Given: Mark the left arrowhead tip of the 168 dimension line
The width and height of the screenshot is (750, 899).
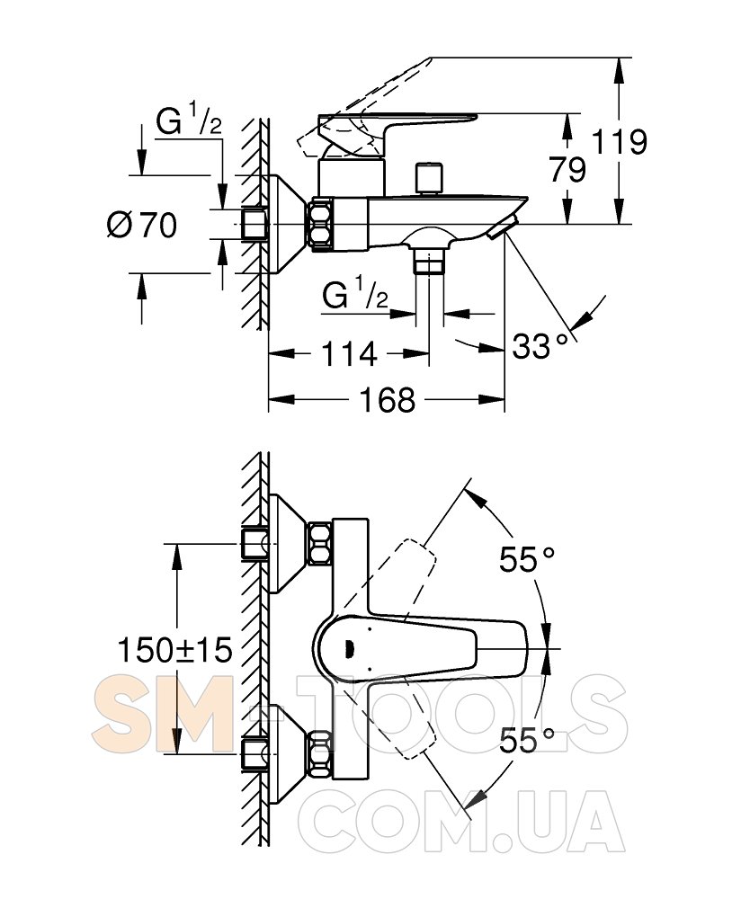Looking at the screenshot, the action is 269,399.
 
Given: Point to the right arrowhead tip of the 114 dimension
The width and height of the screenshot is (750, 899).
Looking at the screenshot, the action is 429,353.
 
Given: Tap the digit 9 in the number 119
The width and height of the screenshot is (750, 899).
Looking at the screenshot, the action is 635,141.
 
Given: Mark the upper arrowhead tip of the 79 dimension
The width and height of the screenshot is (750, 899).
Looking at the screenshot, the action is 567,113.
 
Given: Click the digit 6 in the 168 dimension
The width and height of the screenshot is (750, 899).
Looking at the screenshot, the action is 387,400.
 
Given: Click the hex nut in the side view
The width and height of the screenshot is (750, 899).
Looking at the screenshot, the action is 322,224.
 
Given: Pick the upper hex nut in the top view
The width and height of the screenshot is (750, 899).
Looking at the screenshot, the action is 320,543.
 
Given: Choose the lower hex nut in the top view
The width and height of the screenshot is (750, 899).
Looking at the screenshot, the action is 320,754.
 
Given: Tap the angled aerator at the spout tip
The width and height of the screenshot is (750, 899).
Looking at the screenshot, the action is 503,227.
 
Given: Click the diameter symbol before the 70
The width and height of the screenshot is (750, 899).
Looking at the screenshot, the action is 120,225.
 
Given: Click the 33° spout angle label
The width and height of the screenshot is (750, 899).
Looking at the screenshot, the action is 540,346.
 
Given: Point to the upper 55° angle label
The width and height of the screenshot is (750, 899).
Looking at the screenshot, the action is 527,559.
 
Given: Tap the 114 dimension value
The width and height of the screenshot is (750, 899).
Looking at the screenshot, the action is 350,353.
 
